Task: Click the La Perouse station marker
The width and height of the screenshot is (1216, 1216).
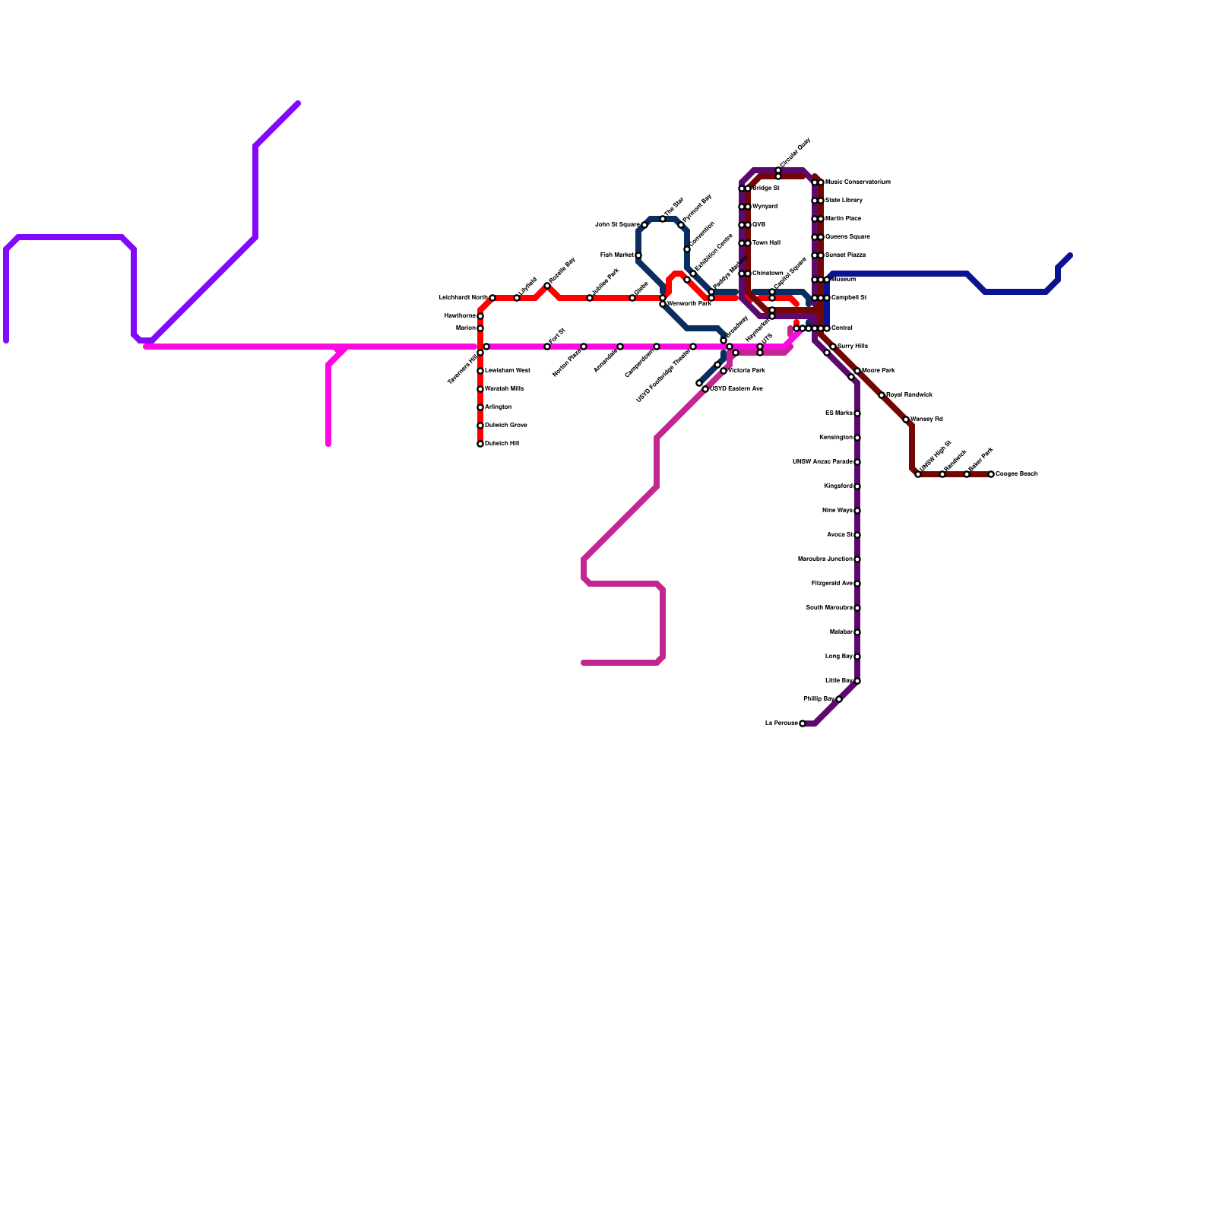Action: [803, 724]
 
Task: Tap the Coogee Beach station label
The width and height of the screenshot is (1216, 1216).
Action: [1017, 474]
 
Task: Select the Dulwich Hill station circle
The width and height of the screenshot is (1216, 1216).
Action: [480, 444]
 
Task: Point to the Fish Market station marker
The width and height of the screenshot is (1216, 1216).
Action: [638, 255]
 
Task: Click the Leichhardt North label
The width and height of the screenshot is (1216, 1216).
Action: [463, 298]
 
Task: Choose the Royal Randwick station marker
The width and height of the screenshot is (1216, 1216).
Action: [882, 395]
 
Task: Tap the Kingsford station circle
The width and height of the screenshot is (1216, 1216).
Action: [857, 486]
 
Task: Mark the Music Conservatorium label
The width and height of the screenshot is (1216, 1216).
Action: [858, 182]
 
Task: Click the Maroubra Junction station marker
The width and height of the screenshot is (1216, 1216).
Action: [857, 559]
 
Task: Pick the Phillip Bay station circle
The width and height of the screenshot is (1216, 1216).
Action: [839, 699]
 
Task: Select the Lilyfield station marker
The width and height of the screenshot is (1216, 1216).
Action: [517, 298]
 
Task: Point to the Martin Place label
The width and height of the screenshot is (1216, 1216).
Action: [843, 219]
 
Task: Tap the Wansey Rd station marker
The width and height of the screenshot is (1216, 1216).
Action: [906, 420]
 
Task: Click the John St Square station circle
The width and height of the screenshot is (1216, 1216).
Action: [644, 225]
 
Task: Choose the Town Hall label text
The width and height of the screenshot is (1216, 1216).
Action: [766, 243]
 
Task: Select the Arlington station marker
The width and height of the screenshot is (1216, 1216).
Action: [480, 407]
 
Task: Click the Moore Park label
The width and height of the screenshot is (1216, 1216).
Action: [879, 371]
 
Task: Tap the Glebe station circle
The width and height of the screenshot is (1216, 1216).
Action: [632, 298]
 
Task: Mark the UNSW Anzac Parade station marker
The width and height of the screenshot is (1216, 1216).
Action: [857, 462]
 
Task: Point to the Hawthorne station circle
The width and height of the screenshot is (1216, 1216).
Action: [480, 316]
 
